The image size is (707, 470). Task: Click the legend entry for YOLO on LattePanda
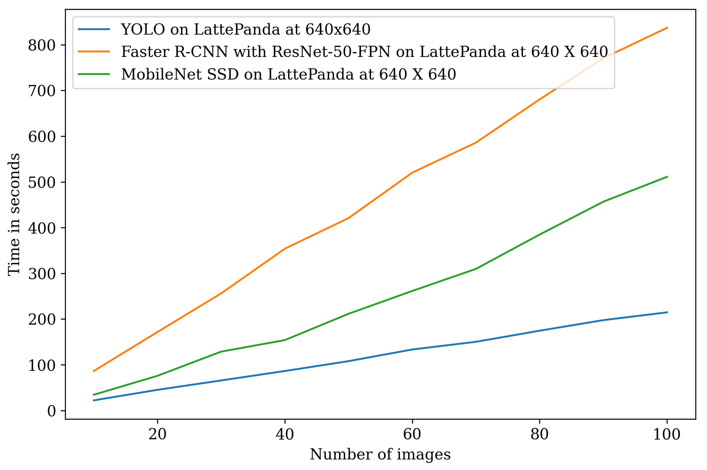(x=246, y=29)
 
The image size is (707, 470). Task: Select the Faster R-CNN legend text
(x=364, y=52)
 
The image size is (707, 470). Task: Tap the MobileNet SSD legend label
(x=288, y=74)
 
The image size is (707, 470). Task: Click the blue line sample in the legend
(x=94, y=29)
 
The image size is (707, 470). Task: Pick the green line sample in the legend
(x=94, y=74)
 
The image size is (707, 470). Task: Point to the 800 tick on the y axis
(x=42, y=45)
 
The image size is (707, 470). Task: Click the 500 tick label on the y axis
(x=42, y=182)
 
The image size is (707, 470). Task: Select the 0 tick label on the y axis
(x=52, y=411)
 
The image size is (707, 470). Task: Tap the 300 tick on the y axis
(x=42, y=274)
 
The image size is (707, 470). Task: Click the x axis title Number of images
(x=380, y=454)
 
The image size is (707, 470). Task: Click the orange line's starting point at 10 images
(x=93, y=371)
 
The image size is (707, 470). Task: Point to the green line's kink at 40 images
(x=284, y=340)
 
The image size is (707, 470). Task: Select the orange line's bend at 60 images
(x=412, y=173)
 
